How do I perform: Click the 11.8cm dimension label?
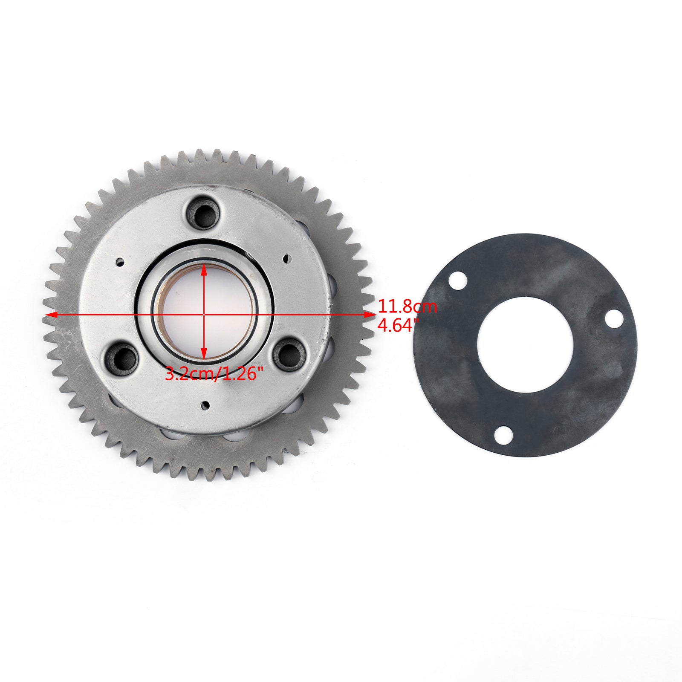coord(407,307)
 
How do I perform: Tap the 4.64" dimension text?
coord(396,326)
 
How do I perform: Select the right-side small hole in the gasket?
coord(614,318)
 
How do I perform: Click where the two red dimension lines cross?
coord(205,315)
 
